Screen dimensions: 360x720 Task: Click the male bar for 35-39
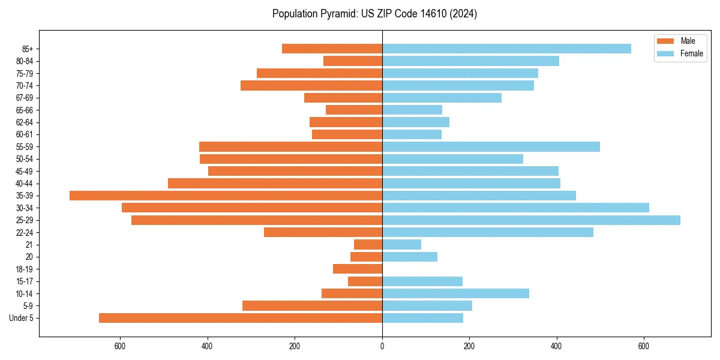coord(226,196)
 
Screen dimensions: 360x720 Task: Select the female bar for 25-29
coord(531,220)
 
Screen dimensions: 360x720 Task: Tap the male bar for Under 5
coord(240,318)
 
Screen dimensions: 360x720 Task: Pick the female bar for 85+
coord(506,49)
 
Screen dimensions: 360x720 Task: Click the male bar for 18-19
coord(358,269)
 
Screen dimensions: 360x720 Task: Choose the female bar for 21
coord(401,244)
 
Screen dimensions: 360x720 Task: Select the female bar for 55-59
coord(491,146)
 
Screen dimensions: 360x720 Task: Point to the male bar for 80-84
coord(353,61)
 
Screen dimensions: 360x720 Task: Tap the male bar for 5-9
coord(312,305)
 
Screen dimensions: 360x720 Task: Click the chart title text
coord(374,14)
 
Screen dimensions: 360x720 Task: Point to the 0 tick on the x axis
coord(382,346)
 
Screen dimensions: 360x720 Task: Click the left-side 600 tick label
coord(120,346)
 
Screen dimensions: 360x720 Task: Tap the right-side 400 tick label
coord(556,346)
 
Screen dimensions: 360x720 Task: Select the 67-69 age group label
coord(24,98)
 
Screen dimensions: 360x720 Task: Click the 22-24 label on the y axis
coord(24,232)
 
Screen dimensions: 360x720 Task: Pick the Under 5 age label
coord(21,318)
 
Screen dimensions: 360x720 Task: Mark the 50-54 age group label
coord(24,159)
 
